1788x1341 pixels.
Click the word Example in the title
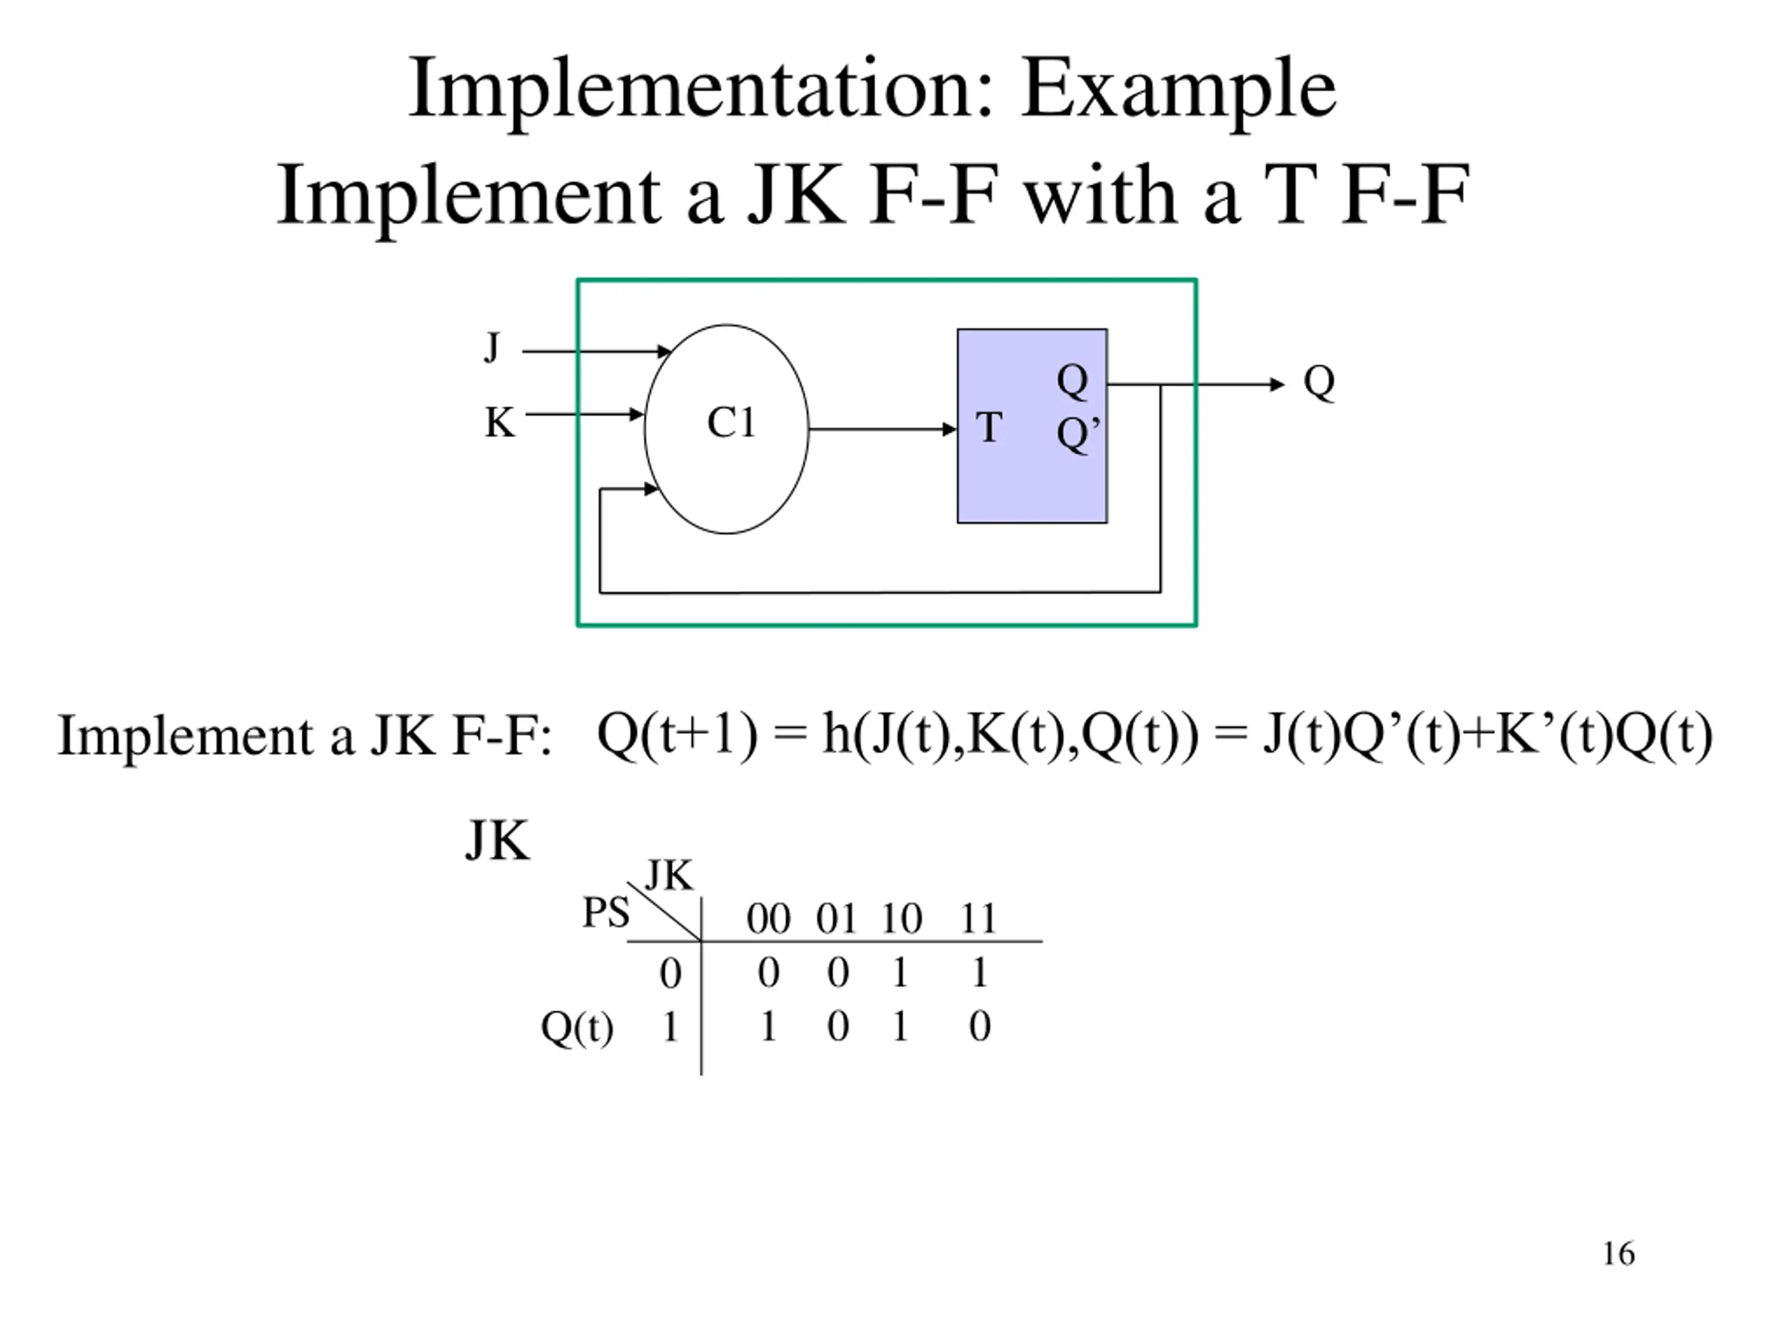pos(1178,91)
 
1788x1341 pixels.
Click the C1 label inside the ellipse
pos(731,422)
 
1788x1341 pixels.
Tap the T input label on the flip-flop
pos(988,427)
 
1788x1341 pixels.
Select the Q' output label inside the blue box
pos(1078,435)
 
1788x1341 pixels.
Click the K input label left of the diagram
pos(499,423)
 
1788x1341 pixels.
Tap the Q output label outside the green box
pos(1319,381)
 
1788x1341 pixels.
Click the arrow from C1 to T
pos(881,430)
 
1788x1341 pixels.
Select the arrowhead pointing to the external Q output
pos(1277,385)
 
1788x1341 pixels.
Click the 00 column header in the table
pos(768,919)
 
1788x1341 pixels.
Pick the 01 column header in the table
pos(836,919)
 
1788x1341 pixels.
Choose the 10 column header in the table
pos(900,919)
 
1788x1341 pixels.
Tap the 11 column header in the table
pos(978,919)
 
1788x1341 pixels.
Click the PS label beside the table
pos(606,914)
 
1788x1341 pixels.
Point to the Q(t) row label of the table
pos(576,1028)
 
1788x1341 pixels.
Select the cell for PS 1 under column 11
pos(980,1027)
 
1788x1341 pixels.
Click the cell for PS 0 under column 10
pos(900,972)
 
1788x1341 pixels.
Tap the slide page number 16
pos(1618,1254)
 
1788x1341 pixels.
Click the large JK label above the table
pos(497,842)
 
